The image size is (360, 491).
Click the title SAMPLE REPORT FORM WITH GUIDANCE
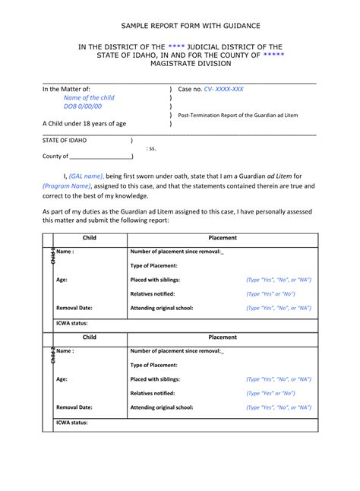click(x=179, y=25)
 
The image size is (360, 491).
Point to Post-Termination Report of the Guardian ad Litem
click(x=238, y=115)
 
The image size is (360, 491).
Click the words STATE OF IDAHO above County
click(x=65, y=141)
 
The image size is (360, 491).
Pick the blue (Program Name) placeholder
click(x=67, y=185)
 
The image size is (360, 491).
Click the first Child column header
click(x=89, y=238)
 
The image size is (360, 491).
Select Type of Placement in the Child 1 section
click(x=153, y=265)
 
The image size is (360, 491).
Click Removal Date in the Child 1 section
click(x=74, y=308)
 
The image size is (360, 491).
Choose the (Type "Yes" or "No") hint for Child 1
click(x=270, y=293)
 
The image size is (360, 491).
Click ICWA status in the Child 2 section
click(x=72, y=421)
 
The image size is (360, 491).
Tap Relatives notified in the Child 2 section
click(x=156, y=393)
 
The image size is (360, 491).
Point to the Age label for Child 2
click(x=62, y=379)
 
